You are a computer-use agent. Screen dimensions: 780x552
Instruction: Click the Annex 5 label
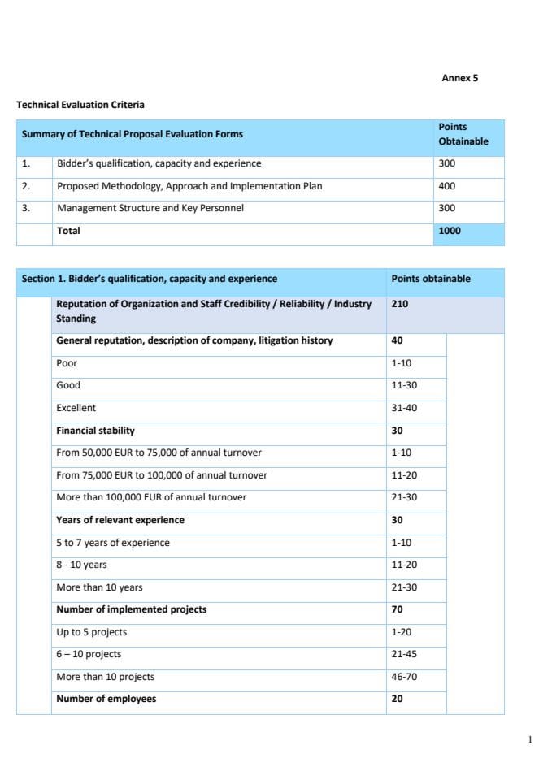pyautogui.click(x=460, y=78)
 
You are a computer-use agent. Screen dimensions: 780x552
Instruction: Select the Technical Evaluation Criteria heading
pyautogui.click(x=80, y=105)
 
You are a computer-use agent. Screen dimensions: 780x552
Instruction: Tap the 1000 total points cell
pyautogui.click(x=450, y=231)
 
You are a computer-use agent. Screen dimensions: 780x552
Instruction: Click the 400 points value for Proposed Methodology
pyautogui.click(x=447, y=186)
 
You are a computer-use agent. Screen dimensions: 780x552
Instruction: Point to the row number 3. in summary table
pyautogui.click(x=26, y=208)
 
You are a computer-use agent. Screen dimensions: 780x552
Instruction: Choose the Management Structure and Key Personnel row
pyautogui.click(x=150, y=208)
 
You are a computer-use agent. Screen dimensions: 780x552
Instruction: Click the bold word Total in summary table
pyautogui.click(x=68, y=231)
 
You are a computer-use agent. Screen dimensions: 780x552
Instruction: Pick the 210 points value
pyautogui.click(x=400, y=304)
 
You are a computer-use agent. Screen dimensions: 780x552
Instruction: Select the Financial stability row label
pyautogui.click(x=95, y=431)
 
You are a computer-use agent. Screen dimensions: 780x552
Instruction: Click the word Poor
pyautogui.click(x=67, y=363)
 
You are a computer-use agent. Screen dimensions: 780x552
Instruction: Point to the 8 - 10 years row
pyautogui.click(x=81, y=565)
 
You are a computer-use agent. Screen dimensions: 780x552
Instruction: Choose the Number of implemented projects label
pyautogui.click(x=131, y=609)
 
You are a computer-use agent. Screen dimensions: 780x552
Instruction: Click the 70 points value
pyautogui.click(x=398, y=609)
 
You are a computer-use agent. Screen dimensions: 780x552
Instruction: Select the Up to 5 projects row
pyautogui.click(x=91, y=632)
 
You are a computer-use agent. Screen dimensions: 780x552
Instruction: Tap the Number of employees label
pyautogui.click(x=106, y=699)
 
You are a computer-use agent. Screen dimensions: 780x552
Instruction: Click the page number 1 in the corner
pyautogui.click(x=530, y=739)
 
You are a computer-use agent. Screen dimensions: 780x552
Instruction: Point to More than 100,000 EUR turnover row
pyautogui.click(x=151, y=497)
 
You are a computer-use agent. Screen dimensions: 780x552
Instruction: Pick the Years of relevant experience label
pyautogui.click(x=120, y=520)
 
